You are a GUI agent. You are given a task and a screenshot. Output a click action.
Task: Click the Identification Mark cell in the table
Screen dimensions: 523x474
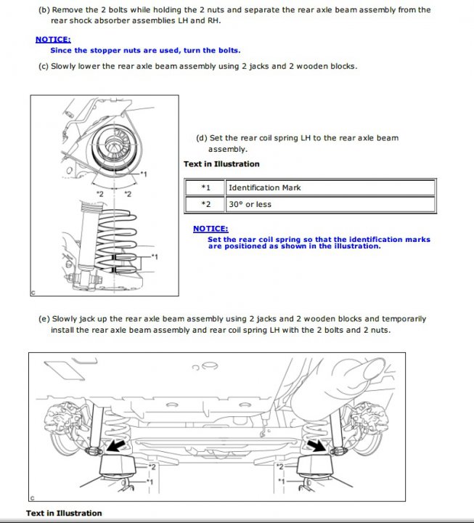[265, 188]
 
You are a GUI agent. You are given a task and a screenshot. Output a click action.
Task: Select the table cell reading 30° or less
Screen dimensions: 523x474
[250, 205]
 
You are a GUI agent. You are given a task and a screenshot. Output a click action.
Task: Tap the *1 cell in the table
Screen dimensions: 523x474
[205, 188]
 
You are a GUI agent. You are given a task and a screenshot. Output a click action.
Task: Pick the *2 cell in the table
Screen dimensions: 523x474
[205, 205]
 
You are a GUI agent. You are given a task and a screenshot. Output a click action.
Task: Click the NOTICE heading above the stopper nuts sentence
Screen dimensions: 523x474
[53, 39]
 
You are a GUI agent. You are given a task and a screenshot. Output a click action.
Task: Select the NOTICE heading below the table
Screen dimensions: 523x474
[211, 229]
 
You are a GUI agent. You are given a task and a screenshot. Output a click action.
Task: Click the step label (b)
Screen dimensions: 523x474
[43, 10]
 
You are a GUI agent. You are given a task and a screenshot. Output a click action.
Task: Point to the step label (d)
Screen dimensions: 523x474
[202, 138]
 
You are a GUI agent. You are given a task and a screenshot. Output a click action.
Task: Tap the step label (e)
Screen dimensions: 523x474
[43, 319]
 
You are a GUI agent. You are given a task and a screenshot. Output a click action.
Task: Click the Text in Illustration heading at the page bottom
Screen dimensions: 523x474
[64, 514]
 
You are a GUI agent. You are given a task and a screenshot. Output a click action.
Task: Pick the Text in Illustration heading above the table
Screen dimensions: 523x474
[221, 164]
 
